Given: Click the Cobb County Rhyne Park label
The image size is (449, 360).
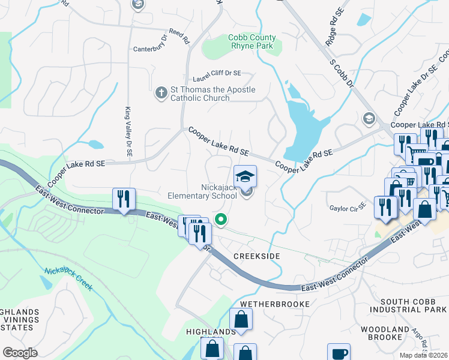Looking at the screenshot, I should [x=251, y=41].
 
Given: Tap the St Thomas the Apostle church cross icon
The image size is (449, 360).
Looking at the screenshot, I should [x=161, y=93].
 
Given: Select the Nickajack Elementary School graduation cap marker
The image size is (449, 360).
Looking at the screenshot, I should [x=245, y=176].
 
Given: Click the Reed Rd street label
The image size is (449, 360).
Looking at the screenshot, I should [x=179, y=37].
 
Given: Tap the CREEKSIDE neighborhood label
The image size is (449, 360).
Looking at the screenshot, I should [x=257, y=256].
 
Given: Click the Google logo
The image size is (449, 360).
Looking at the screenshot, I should [x=20, y=353].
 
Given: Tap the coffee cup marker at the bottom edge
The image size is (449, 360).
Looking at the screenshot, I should [x=339, y=352].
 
